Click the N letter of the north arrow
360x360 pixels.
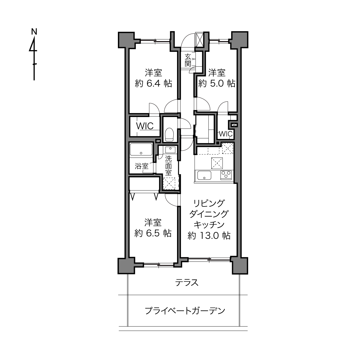click(34, 31)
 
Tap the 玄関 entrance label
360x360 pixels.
click(188, 60)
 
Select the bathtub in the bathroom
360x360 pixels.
click(141, 150)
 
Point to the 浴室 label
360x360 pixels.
click(141, 166)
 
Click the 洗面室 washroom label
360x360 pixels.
click(168, 166)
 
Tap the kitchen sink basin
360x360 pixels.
click(204, 175)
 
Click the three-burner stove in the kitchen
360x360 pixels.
click(226, 175)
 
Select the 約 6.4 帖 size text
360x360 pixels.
click(153, 83)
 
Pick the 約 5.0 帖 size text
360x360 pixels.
click(217, 83)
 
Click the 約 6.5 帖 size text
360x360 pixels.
click(153, 233)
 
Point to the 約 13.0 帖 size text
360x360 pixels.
click(209, 235)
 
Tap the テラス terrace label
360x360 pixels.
click(187, 283)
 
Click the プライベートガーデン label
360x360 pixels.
click(185, 311)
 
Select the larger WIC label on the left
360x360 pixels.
click(145, 126)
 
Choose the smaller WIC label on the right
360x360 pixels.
click(226, 134)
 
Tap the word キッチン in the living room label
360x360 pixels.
click(209, 225)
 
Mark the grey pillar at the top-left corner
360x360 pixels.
click(127, 40)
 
